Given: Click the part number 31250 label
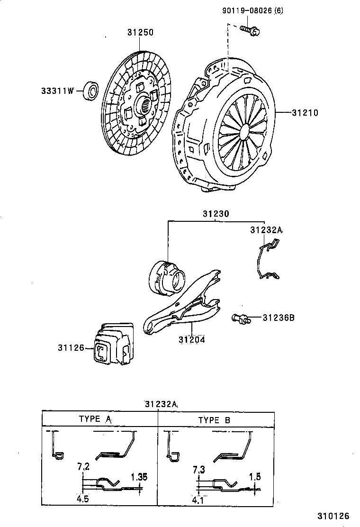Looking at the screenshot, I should pos(140,33).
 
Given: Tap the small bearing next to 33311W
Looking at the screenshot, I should pos(91,91).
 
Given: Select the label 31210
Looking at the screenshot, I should pos(305,113).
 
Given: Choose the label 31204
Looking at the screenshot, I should pos(192,340).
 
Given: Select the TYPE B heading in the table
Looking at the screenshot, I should pos(215,420).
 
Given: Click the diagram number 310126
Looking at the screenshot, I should pos(333,515).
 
